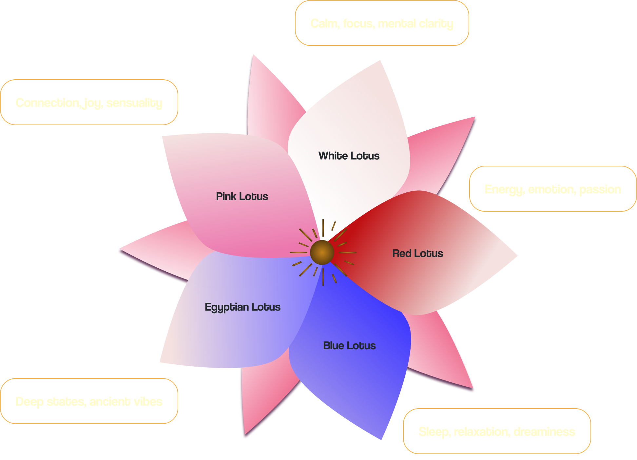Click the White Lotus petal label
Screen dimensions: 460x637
349,156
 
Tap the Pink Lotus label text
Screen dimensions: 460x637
242,196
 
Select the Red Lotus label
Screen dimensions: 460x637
417,253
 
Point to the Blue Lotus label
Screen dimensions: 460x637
349,346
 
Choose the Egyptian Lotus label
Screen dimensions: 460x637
242,307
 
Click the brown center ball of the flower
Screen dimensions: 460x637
322,252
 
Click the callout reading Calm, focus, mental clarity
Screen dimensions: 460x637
382,23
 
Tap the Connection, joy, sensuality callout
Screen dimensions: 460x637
89,103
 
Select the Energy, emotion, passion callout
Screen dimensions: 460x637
553,189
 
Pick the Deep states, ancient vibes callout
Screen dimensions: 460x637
89,401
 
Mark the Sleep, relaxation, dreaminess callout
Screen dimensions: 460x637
496,431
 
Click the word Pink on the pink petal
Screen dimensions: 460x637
226,196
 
